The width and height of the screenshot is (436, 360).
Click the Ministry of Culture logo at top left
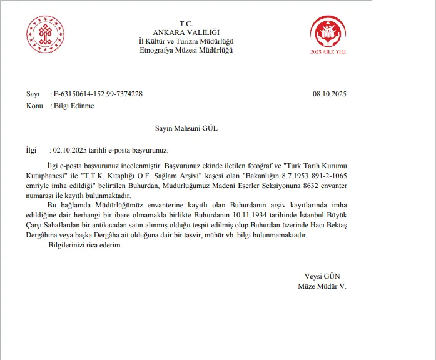tap(45, 35)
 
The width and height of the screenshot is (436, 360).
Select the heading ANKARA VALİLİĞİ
tap(186, 32)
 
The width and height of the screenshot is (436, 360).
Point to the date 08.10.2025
tap(329, 94)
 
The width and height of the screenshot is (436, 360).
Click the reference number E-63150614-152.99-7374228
tap(98, 94)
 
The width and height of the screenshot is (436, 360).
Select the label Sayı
tap(33, 94)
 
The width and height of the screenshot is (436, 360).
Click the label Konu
tap(34, 106)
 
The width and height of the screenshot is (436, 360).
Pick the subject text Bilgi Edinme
tap(74, 106)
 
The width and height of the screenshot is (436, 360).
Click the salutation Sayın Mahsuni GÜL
tap(186, 128)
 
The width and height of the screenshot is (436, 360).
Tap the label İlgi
tap(32, 151)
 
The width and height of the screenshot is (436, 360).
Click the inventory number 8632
tap(293, 186)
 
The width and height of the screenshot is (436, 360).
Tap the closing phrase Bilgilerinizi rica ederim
tap(85, 245)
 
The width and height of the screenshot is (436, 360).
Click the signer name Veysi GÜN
tap(322, 276)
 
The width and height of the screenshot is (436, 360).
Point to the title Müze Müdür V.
tap(322, 286)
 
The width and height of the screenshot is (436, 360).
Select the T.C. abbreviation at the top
tap(186, 24)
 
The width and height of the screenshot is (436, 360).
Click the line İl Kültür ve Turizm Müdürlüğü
tap(186, 41)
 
